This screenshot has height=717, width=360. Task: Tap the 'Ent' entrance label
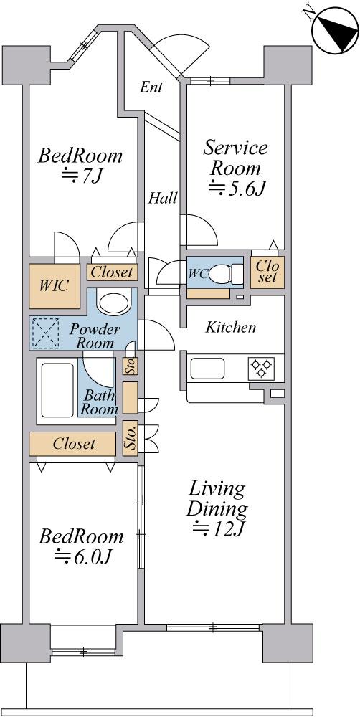click(x=151, y=87)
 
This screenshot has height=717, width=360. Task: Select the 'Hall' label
click(x=163, y=199)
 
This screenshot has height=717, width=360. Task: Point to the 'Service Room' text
click(x=236, y=158)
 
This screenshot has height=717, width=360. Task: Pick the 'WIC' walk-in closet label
click(x=54, y=286)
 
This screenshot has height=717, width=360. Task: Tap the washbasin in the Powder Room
click(x=114, y=303)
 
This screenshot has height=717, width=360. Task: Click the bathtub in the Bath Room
click(x=57, y=390)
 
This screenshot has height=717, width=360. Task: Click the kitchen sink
click(x=207, y=369)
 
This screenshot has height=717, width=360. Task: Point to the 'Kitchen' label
click(x=230, y=328)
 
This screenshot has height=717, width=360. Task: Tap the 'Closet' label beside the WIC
click(x=112, y=272)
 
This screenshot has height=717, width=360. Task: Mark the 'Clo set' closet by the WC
click(x=267, y=271)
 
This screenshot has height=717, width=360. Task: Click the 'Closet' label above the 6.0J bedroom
click(x=74, y=444)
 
